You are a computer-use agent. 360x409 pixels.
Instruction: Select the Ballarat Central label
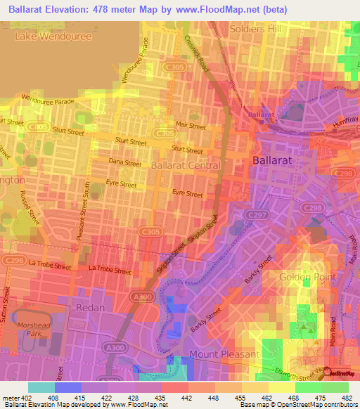(186, 166)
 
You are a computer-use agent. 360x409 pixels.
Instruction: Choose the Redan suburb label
(89, 308)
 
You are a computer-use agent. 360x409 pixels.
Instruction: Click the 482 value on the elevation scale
(347, 397)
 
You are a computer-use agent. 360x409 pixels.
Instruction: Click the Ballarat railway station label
(261, 113)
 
